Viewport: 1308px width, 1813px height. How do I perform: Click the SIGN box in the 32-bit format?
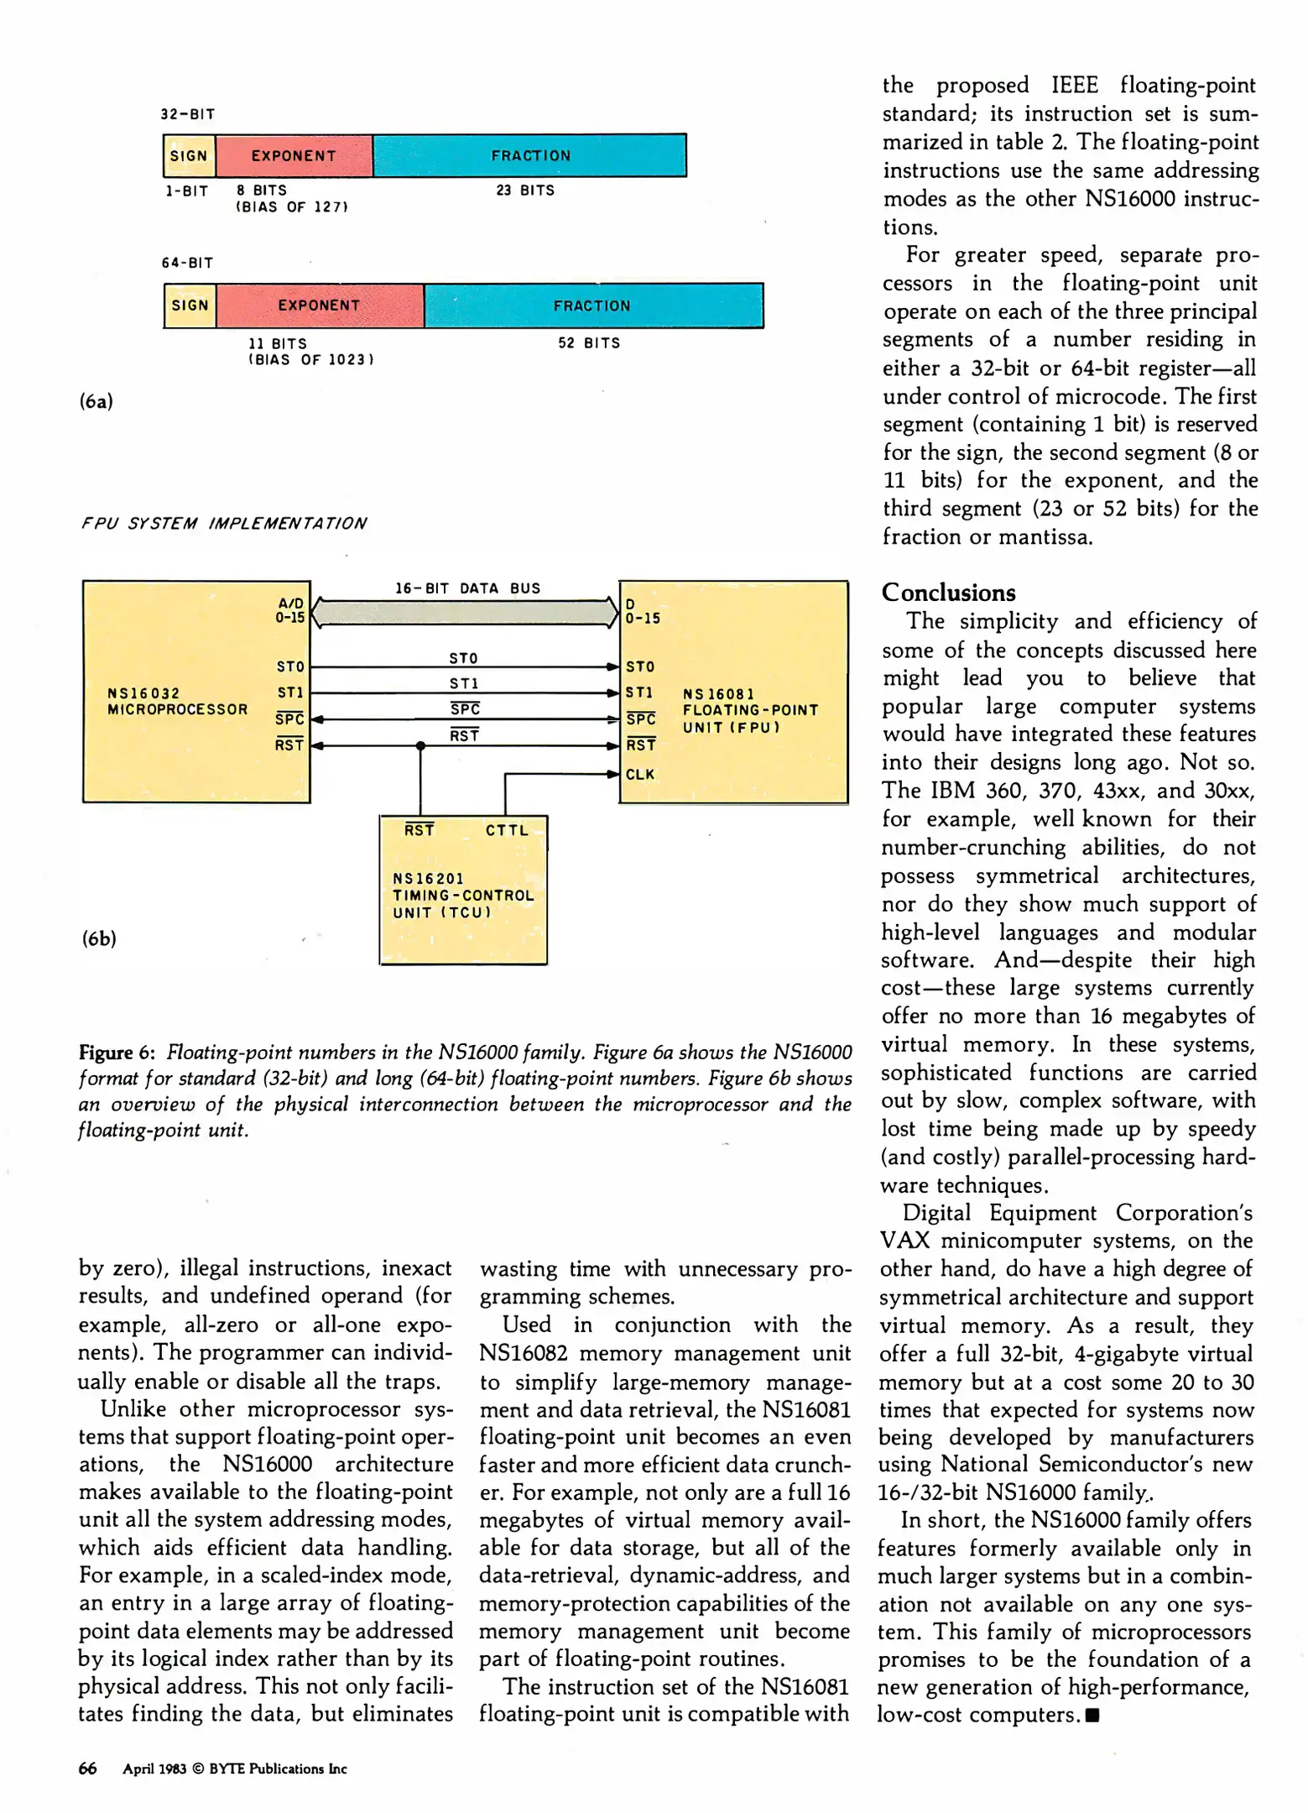189,156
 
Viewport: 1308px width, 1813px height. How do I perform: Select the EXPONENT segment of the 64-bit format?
319,306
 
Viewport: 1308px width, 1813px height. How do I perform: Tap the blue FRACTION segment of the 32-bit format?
530,156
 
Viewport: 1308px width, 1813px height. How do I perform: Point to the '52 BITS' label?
589,343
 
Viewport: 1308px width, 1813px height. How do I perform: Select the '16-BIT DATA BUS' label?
467,588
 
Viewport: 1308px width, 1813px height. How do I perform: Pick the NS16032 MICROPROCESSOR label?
177,701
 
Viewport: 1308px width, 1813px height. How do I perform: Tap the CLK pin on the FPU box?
639,774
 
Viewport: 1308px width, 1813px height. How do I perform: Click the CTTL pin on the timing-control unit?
507,830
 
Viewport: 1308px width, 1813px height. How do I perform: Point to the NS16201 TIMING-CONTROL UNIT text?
462,896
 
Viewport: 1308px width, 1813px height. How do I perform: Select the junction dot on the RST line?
420,745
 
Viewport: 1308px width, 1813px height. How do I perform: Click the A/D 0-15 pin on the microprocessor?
290,610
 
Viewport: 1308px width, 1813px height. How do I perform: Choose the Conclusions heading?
948,593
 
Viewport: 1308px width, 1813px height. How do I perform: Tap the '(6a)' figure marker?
96,401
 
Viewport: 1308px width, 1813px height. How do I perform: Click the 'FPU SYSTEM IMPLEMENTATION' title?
224,524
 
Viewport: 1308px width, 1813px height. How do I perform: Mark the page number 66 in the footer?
87,1769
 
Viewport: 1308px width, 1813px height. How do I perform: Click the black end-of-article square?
1092,1716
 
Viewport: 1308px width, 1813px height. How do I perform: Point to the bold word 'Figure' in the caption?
105,1053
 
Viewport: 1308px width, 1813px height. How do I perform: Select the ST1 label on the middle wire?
463,684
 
